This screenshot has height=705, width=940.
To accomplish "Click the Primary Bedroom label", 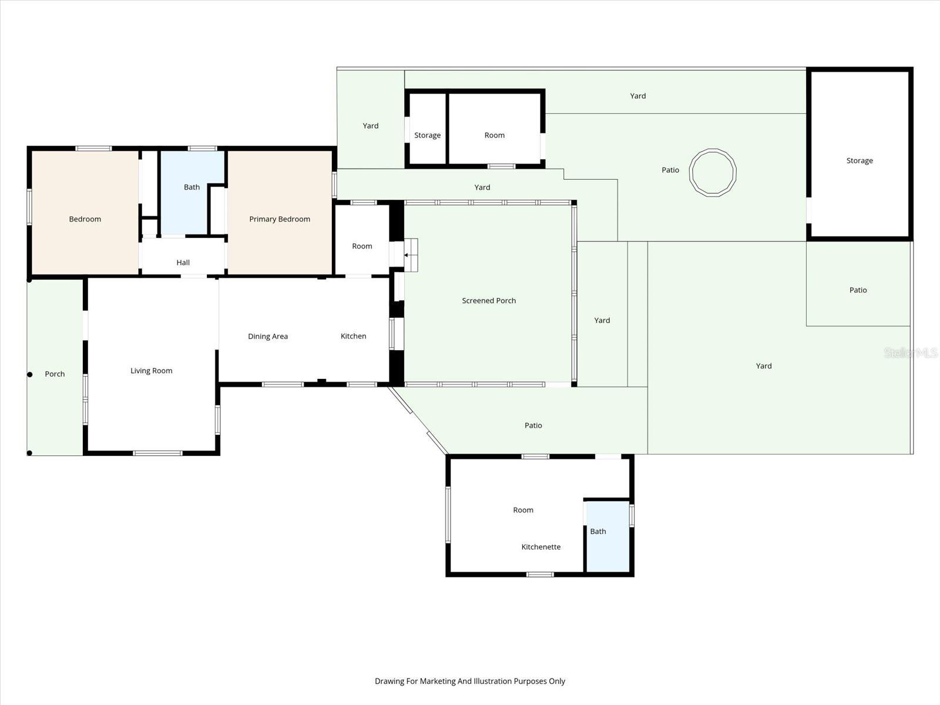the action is pyautogui.click(x=279, y=219).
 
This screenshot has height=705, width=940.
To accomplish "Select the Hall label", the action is pyautogui.click(x=183, y=263).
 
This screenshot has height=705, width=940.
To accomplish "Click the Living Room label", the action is pyautogui.click(x=151, y=371).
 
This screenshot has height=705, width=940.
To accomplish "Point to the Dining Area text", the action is pyautogui.click(x=267, y=337).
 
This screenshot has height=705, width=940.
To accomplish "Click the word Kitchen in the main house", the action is pyautogui.click(x=353, y=336).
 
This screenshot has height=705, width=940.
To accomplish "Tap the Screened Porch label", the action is pyautogui.click(x=488, y=301).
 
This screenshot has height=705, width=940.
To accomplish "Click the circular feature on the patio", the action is pyautogui.click(x=712, y=172).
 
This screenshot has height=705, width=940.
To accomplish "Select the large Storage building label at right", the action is pyautogui.click(x=859, y=160).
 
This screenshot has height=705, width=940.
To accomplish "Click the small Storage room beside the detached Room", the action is pyautogui.click(x=427, y=135).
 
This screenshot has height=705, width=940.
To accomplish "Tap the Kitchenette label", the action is pyautogui.click(x=540, y=547).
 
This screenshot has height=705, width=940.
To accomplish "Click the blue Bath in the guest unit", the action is pyautogui.click(x=598, y=532).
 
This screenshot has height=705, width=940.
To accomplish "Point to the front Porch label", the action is pyautogui.click(x=55, y=374).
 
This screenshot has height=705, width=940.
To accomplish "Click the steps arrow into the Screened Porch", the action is pyautogui.click(x=407, y=255).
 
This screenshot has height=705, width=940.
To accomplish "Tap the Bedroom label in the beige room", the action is pyautogui.click(x=85, y=219).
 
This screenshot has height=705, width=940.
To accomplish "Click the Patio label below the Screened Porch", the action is pyautogui.click(x=533, y=425).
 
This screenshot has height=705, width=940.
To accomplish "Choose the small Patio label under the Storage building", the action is pyautogui.click(x=858, y=290).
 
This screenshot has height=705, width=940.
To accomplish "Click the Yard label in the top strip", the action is pyautogui.click(x=637, y=96).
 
